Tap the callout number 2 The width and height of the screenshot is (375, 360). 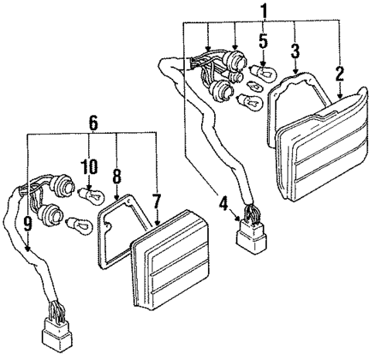[339, 74]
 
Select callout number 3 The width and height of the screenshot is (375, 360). [295, 53]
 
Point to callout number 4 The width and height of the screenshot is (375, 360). [223, 205]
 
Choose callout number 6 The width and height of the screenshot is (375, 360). [94, 122]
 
